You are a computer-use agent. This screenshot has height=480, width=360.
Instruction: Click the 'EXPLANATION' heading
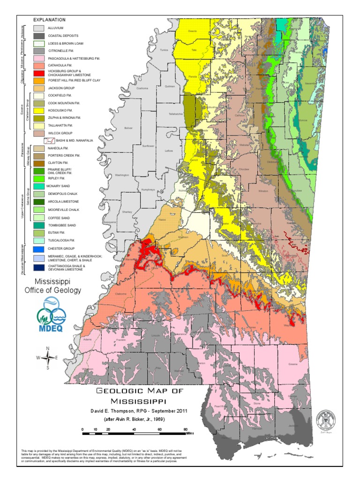coord(49,20)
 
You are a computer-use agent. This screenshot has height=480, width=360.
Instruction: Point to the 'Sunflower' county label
coord(148,146)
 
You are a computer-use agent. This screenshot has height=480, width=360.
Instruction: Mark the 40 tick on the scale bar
coord(135,429)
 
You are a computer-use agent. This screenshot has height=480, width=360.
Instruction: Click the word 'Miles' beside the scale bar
coord(189,433)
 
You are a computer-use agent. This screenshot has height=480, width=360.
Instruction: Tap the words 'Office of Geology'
coord(52,291)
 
